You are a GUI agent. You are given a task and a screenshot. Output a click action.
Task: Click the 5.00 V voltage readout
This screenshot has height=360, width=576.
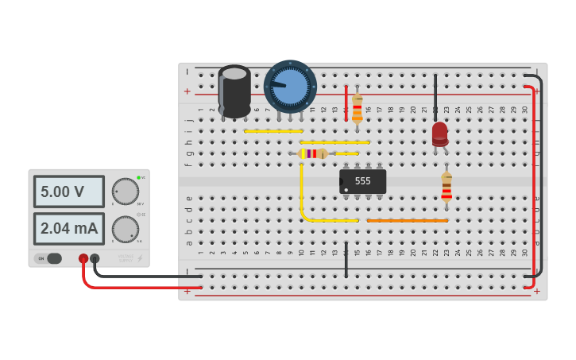pos(68,192)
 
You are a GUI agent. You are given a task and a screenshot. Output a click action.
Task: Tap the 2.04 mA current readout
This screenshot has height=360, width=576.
pos(68,229)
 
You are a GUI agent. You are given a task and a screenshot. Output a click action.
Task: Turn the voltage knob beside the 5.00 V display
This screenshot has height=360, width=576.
pos(125,192)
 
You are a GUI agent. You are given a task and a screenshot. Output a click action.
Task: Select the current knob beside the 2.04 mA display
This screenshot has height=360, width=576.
pos(125,229)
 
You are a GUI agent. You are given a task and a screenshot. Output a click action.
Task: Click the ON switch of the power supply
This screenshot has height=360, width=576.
pos(48,258)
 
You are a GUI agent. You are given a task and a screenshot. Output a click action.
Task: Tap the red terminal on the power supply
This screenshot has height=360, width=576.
pos(83,258)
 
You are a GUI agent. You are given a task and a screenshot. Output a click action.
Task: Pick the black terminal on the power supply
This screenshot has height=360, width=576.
pos(95,258)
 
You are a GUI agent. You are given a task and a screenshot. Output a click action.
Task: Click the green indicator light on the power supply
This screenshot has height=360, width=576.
pos(138,177)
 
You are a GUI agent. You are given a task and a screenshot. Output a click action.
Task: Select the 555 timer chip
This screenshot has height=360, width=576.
pos(362,181)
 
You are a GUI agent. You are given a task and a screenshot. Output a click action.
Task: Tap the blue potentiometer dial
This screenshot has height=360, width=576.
pos(290,86)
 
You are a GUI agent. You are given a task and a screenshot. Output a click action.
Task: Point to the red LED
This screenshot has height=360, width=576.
pos(439,133)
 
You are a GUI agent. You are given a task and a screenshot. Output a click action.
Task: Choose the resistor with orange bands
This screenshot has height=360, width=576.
pos(358,108)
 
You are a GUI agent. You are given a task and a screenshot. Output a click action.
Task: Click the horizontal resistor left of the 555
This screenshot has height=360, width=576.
pos(312,153)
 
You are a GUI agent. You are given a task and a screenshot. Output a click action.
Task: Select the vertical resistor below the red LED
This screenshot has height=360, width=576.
pos(446,187)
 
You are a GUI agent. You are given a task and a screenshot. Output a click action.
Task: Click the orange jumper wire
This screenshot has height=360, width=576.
pos(407,220)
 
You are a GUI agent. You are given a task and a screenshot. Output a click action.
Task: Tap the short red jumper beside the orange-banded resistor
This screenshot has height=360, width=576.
pos(346,103)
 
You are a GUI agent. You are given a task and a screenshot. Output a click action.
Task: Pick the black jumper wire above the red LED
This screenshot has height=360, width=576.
pos(435,97)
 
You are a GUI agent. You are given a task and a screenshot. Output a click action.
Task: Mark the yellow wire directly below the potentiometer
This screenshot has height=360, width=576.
pos(273,131)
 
